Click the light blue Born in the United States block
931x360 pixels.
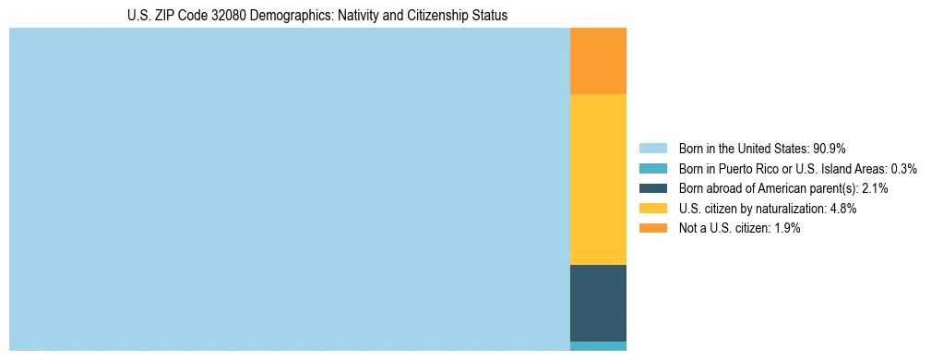[290, 189]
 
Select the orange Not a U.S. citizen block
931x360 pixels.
[598, 61]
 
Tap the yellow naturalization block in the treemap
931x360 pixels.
[598, 179]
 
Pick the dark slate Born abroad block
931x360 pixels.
[598, 303]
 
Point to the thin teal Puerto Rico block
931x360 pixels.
[598, 346]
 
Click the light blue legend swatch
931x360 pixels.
[652, 149]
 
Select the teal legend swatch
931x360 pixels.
[652, 169]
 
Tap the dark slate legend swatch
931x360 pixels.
[652, 188]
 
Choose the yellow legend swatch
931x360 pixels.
[652, 209]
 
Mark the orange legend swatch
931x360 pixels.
[652, 229]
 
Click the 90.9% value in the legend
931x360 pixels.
[829, 149]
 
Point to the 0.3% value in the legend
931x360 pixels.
[903, 169]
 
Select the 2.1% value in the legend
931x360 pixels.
[874, 188]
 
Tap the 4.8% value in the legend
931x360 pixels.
[842, 209]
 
